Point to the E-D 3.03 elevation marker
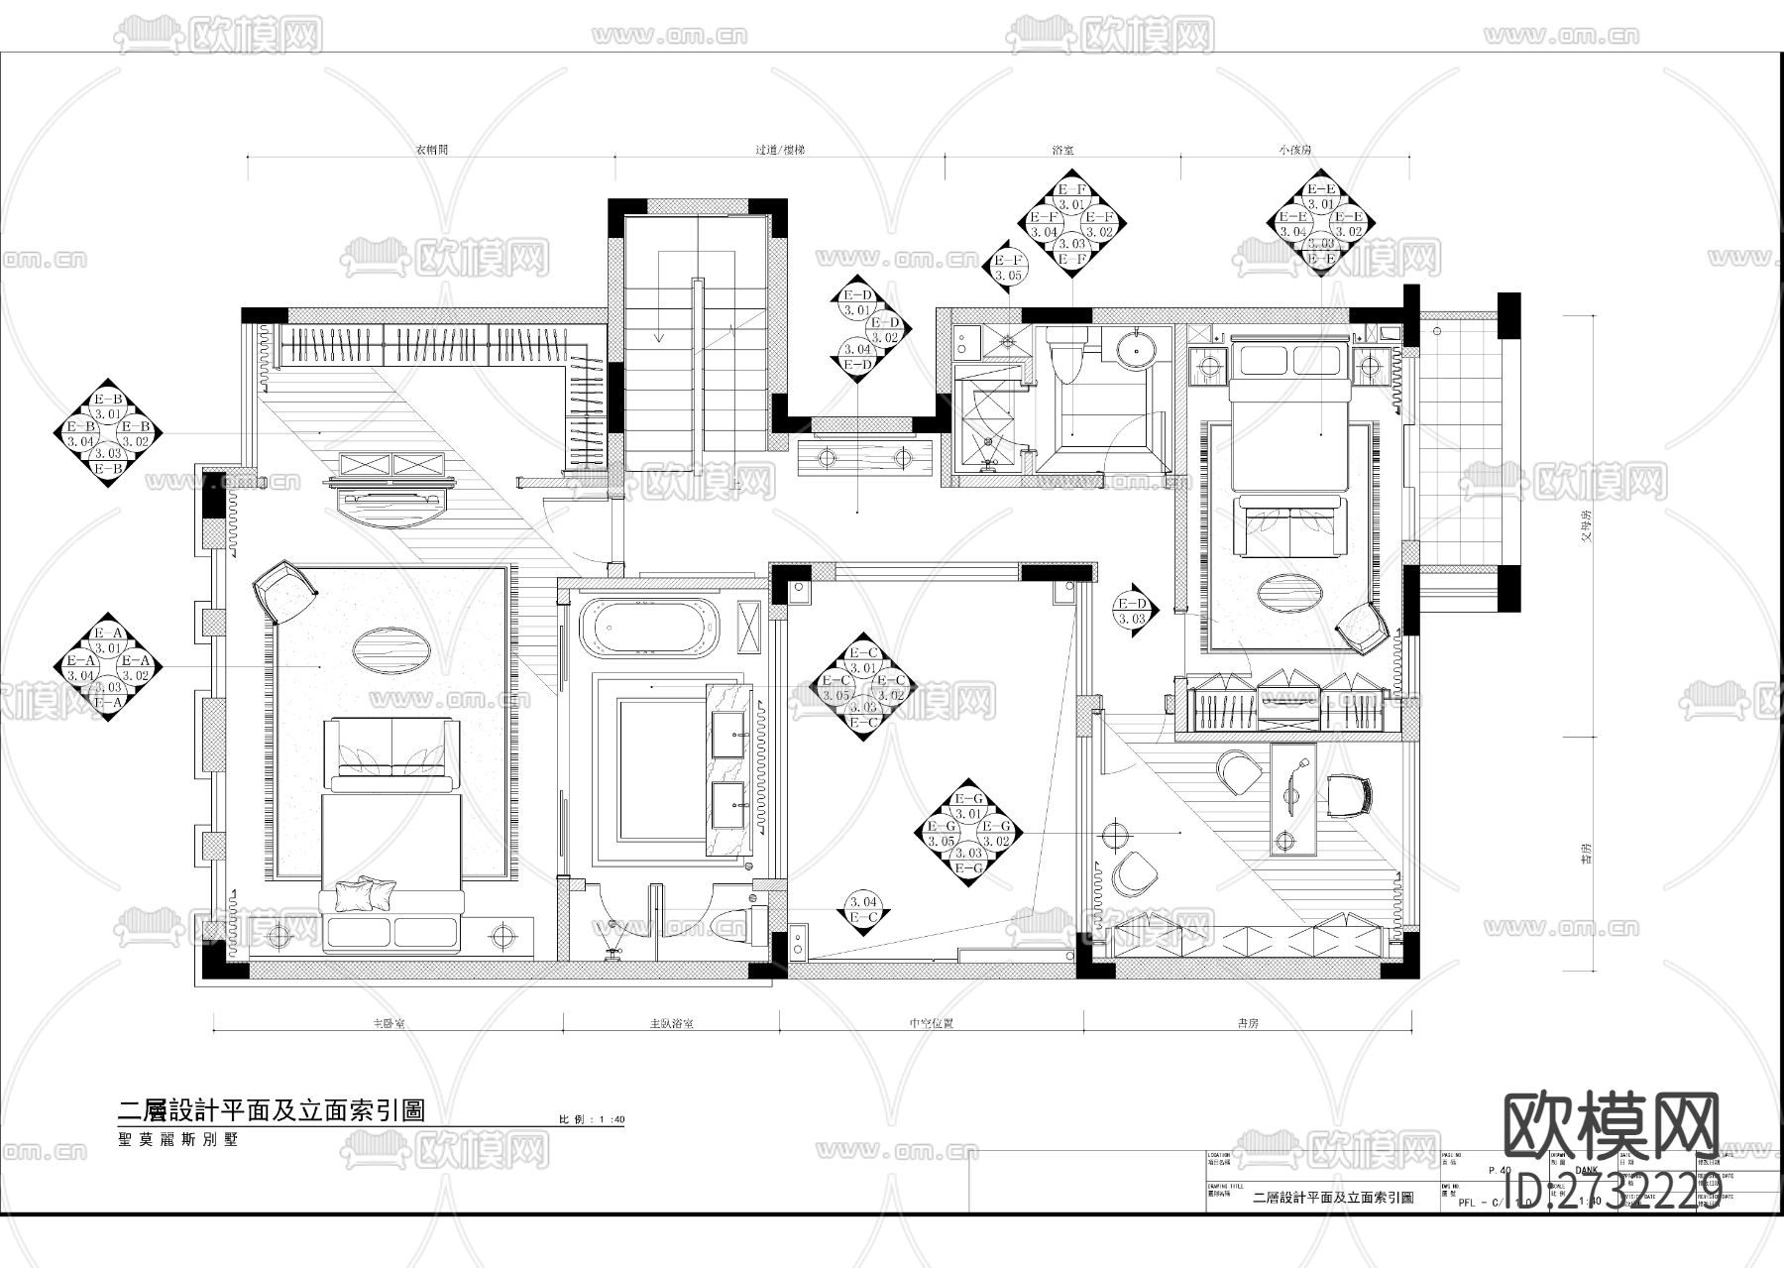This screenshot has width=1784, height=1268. click(x=1132, y=611)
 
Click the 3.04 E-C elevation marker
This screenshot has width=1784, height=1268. click(x=864, y=910)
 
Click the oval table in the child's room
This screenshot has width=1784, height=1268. click(x=1289, y=594)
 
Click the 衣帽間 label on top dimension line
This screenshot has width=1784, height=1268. click(x=431, y=150)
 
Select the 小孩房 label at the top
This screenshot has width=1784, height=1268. click(x=1294, y=150)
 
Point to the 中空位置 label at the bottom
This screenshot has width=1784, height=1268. click(x=931, y=1023)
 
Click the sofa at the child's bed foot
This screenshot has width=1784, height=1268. click(x=1290, y=526)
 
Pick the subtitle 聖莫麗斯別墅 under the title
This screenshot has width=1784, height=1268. click(x=178, y=1139)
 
